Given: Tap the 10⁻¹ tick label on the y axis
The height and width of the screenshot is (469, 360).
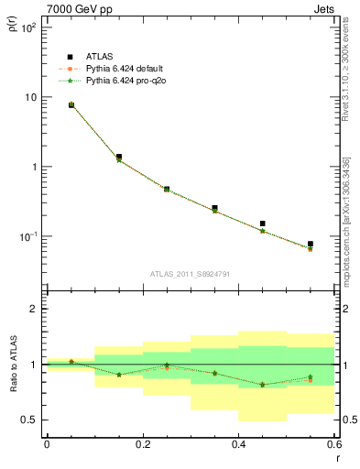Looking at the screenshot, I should (x=27, y=236).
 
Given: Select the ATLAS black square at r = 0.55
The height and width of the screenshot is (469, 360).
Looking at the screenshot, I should (x=311, y=245).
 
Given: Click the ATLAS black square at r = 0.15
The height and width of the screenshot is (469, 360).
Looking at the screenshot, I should (x=119, y=157).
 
